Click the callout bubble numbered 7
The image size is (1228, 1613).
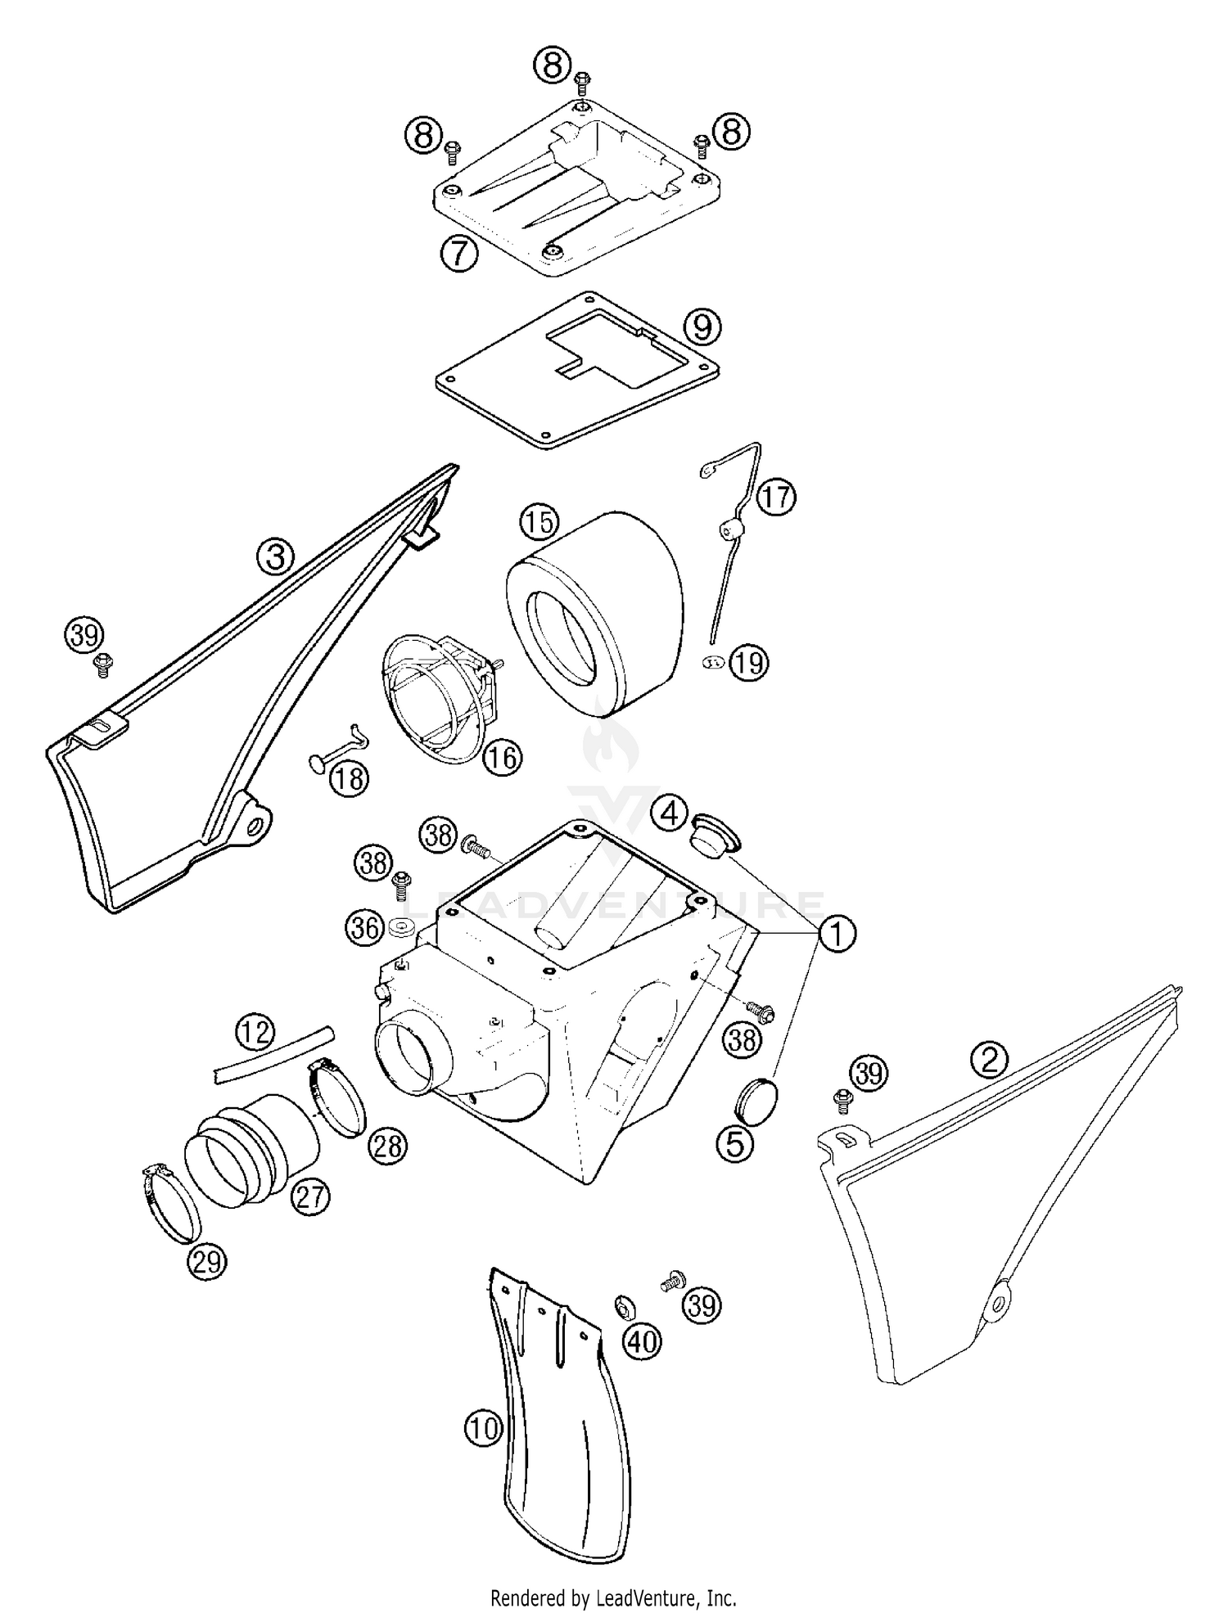tap(458, 254)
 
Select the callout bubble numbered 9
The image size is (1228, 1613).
tap(702, 327)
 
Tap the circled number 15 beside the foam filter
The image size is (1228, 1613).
tap(540, 521)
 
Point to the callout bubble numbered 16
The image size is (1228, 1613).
tap(502, 757)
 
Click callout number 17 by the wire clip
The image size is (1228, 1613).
tap(776, 497)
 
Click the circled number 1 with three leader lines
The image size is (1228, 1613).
tap(836, 934)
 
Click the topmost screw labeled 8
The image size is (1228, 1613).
tap(582, 79)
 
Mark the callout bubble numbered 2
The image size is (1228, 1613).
tap(989, 1061)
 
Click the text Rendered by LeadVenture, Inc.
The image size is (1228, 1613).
tap(613, 1597)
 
